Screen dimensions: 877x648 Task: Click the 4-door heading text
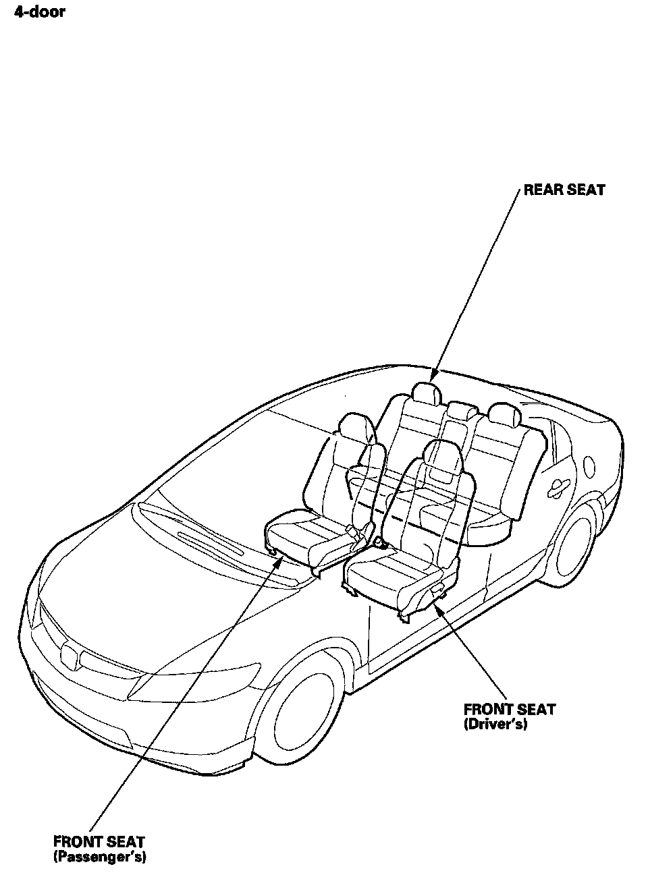pos(39,11)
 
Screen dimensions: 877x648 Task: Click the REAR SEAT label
pos(564,190)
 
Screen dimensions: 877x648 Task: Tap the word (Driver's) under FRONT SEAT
pos(495,725)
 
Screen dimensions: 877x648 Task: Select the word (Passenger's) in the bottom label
pos(99,857)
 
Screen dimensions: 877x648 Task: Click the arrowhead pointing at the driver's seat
pos(436,608)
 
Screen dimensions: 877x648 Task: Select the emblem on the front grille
pos(71,654)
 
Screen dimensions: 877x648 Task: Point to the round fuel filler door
pos(589,465)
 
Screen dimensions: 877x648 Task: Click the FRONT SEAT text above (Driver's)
pos(510,709)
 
